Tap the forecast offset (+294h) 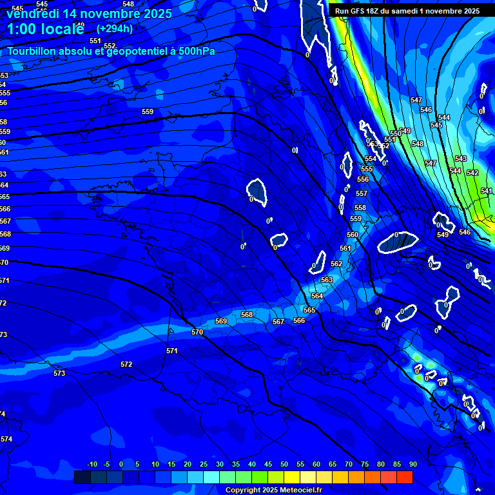pyautogui.click(x=115, y=28)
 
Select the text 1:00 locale pyautogui.click(x=46, y=29)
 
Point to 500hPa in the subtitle pyautogui.click(x=193, y=52)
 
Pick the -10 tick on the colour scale pyautogui.click(x=92, y=464)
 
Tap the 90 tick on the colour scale pyautogui.click(x=412, y=464)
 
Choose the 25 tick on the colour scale pyautogui.click(x=204, y=464)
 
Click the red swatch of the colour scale pyautogui.click(x=404, y=477)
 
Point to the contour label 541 pyautogui.click(x=487, y=191)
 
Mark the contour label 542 pyautogui.click(x=472, y=173)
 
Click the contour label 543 pyautogui.click(x=460, y=159)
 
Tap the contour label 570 pyautogui.click(x=197, y=332)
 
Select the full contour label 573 pyautogui.click(x=59, y=373)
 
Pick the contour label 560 pyautogui.click(x=353, y=235)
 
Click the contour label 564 pyautogui.click(x=317, y=296)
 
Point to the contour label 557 pyautogui.click(x=362, y=193)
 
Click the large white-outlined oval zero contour pyautogui.click(x=398, y=242)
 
